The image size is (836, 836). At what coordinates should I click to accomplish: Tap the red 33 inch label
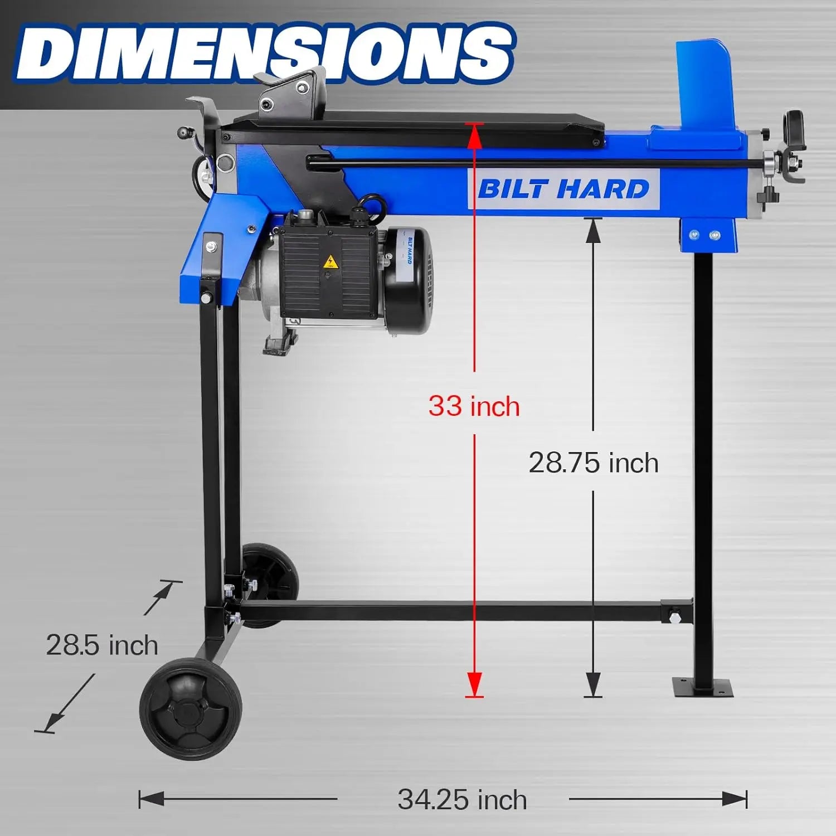[x=474, y=406]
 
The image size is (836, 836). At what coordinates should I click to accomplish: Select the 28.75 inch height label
[x=593, y=463]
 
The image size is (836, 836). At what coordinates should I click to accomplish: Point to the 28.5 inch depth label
[x=102, y=645]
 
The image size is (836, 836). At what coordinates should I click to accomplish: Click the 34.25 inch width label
[x=462, y=800]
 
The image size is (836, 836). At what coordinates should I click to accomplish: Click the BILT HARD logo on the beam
[x=563, y=189]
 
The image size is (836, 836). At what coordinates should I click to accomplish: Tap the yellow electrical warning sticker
[x=330, y=261]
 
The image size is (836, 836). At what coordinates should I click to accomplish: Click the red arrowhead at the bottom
[x=474, y=683]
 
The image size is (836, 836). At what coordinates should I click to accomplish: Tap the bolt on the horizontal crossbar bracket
[x=675, y=616]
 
